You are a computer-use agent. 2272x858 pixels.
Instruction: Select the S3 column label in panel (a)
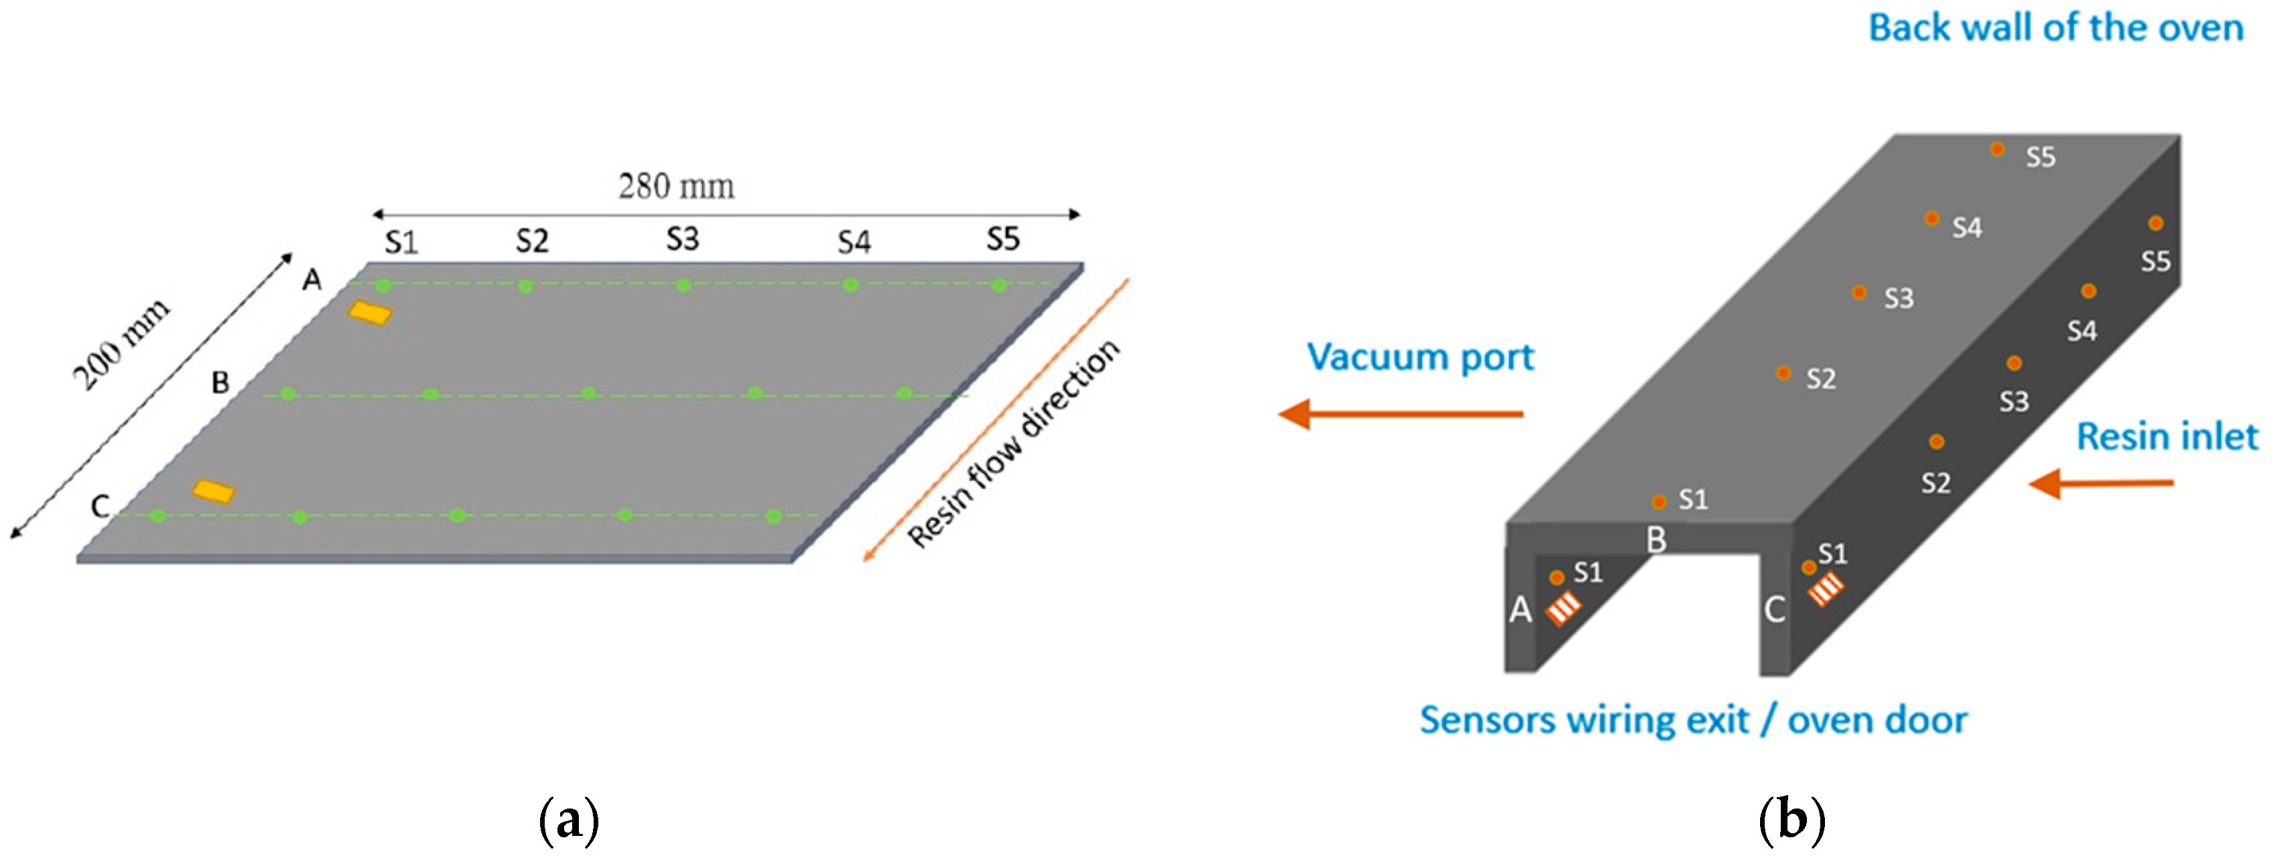[682, 239]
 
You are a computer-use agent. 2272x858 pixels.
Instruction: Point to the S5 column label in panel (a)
[1002, 239]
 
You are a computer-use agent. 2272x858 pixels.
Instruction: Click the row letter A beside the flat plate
[313, 280]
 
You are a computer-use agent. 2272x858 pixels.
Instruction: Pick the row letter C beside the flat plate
[100, 506]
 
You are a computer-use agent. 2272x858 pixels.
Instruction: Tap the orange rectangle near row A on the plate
[369, 312]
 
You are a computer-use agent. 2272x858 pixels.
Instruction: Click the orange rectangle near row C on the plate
[213, 491]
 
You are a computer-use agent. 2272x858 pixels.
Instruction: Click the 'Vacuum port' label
[1420, 357]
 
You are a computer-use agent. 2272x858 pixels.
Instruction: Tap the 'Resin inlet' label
[2166, 437]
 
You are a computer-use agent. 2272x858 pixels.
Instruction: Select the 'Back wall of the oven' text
[2055, 28]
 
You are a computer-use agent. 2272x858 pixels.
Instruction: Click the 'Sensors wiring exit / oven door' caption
[1692, 720]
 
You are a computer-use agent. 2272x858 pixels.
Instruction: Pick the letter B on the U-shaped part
[1656, 540]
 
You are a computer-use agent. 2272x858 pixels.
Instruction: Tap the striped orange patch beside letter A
[1562, 608]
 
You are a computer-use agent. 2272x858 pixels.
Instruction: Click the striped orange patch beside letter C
[1826, 588]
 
